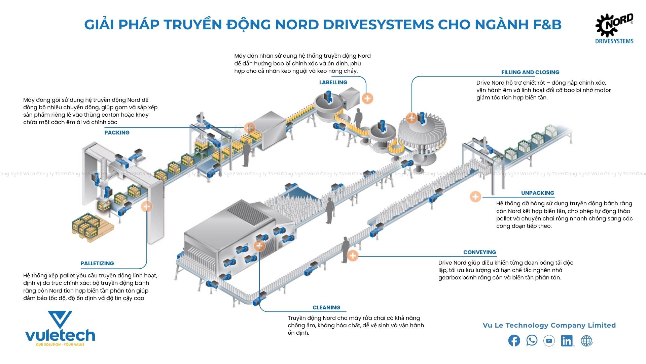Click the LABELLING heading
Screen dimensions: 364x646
click(333, 82)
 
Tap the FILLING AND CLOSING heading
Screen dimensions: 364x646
click(530, 72)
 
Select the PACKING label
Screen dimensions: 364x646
click(117, 132)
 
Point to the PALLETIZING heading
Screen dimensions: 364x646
click(97, 263)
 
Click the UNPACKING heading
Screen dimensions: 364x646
click(537, 193)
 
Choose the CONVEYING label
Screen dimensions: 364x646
click(479, 252)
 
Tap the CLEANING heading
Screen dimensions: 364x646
click(326, 307)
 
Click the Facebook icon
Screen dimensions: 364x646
click(514, 341)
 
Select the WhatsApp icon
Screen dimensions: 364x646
click(532, 340)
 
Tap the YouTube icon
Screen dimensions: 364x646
click(549, 341)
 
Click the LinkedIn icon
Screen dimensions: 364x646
click(567, 341)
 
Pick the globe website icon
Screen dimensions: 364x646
click(586, 341)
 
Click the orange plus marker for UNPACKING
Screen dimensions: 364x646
click(475, 196)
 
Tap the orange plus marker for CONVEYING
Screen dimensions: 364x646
click(353, 256)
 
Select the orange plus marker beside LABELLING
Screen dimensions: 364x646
click(367, 98)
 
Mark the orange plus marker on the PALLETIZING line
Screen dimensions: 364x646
click(146, 206)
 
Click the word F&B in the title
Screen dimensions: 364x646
click(547, 24)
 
